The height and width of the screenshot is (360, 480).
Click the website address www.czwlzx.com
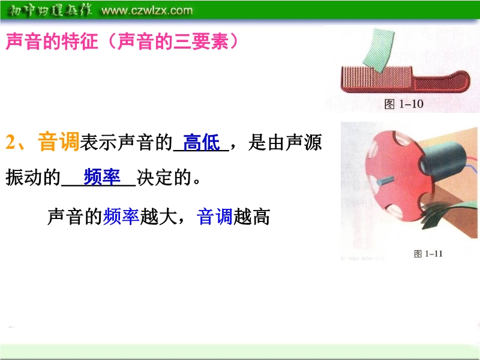coord(147,11)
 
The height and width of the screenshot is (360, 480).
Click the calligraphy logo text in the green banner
coord(50,11)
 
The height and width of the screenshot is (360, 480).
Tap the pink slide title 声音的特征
coord(52,41)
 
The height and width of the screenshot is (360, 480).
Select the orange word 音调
coord(58,142)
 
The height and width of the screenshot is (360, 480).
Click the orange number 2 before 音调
coord(11,142)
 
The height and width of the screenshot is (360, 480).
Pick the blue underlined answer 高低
coord(202,142)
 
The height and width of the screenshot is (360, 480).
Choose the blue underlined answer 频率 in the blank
coord(102,177)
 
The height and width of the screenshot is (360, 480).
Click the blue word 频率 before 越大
coord(121,217)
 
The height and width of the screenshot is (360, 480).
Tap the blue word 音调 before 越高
coord(215,217)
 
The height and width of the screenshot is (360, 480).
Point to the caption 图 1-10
coord(404,104)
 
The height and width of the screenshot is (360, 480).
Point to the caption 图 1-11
coord(428,254)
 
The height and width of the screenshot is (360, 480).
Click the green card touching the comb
coord(379,50)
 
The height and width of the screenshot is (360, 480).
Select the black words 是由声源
coord(285,142)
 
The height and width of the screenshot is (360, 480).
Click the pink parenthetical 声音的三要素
coord(173,41)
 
